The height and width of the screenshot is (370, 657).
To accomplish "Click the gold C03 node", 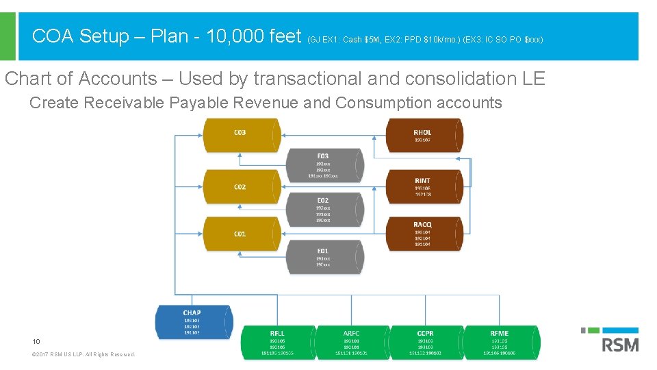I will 240,136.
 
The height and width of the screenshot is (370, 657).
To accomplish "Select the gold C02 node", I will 240,186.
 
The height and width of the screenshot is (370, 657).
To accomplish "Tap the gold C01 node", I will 240,234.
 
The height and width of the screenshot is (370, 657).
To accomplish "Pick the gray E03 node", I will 323,166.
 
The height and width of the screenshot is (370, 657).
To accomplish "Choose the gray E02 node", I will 323,210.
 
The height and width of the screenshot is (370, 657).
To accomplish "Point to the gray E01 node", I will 323,256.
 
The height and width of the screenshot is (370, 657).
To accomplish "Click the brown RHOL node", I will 423,136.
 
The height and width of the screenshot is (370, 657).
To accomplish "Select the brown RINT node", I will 423,186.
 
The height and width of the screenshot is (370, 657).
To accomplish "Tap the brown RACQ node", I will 423,234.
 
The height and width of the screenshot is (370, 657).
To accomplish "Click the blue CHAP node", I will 193,322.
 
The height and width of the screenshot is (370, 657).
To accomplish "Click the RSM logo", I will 619,341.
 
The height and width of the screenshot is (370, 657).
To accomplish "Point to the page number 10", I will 36,341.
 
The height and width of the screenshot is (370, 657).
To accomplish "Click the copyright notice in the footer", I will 84,354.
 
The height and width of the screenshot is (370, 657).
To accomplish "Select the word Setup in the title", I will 104,36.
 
